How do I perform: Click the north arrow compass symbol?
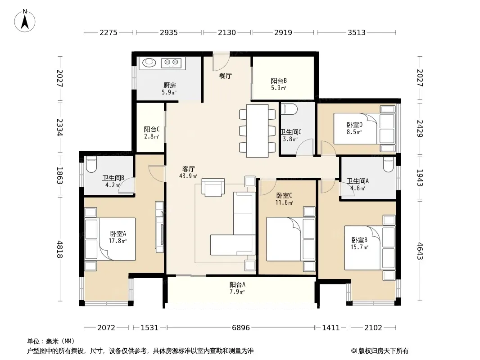pos(24,21)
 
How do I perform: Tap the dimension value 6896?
pos(240,328)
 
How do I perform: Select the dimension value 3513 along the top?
pos(356,32)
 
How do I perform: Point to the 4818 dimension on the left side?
pos(60,249)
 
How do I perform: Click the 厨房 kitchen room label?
pos(169,85)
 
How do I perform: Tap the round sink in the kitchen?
pos(149,63)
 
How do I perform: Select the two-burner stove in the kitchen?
pos(172,63)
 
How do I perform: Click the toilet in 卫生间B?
pos(91,165)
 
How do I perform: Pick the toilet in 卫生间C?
pos(289,109)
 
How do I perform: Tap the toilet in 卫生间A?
pos(388,165)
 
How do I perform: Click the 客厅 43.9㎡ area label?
pos(188,172)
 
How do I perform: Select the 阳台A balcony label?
pos(237,284)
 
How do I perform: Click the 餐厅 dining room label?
pos(225,76)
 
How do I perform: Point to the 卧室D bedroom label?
pos(354,125)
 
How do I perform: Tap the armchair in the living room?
pos(213,187)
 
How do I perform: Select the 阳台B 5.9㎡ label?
pos(279,84)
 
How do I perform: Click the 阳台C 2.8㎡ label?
pos(152,133)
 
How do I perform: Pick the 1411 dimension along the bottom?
pos(331,328)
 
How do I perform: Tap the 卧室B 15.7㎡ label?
pos(359,243)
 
